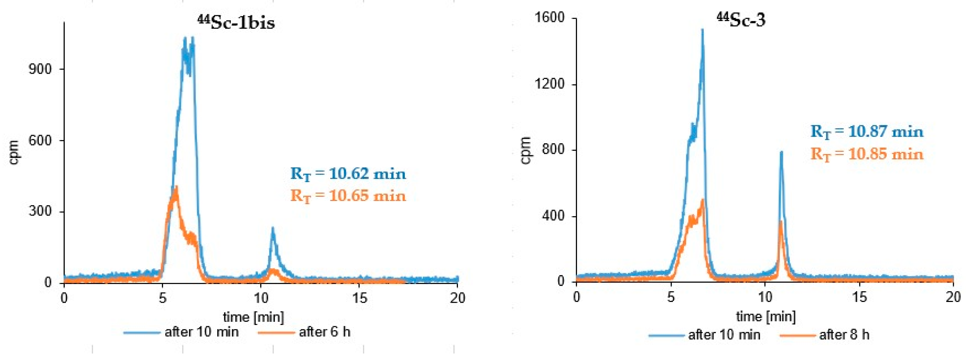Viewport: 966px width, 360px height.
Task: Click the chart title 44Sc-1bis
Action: pos(236,23)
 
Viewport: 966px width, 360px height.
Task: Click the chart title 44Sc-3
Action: pos(741,20)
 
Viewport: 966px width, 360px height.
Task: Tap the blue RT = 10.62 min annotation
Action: pos(348,174)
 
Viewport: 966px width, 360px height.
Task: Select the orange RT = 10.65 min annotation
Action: pos(348,196)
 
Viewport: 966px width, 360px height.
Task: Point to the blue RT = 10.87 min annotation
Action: pos(867,132)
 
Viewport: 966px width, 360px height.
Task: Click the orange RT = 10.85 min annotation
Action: pos(867,154)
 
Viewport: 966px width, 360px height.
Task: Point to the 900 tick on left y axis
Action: pos(40,69)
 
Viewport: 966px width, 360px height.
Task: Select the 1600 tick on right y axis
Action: pos(549,18)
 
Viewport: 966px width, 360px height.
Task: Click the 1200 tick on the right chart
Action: pos(549,84)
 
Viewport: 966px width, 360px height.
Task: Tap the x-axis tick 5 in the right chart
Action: pos(671,297)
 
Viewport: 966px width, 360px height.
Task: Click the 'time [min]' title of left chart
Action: pos(253,317)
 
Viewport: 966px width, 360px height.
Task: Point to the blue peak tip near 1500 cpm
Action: pos(702,30)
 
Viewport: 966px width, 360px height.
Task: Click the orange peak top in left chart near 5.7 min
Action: pos(176,187)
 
